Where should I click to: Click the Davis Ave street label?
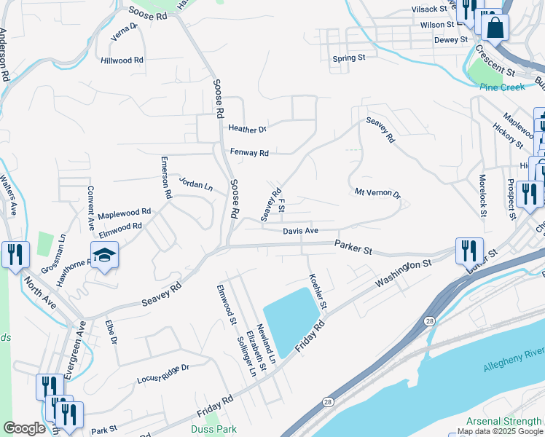point(301,231)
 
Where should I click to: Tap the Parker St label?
point(353,248)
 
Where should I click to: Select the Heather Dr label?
point(248,129)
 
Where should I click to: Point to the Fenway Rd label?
point(249,153)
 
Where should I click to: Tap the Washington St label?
point(399,275)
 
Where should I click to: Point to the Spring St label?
point(348,58)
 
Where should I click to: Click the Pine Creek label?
point(502,87)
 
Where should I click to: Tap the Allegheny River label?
point(513,361)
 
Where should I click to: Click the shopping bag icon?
point(495,28)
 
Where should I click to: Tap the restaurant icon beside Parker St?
point(469,251)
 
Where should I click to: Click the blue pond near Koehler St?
point(291,318)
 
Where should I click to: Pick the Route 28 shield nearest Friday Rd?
point(329,401)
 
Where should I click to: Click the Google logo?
point(25,428)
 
